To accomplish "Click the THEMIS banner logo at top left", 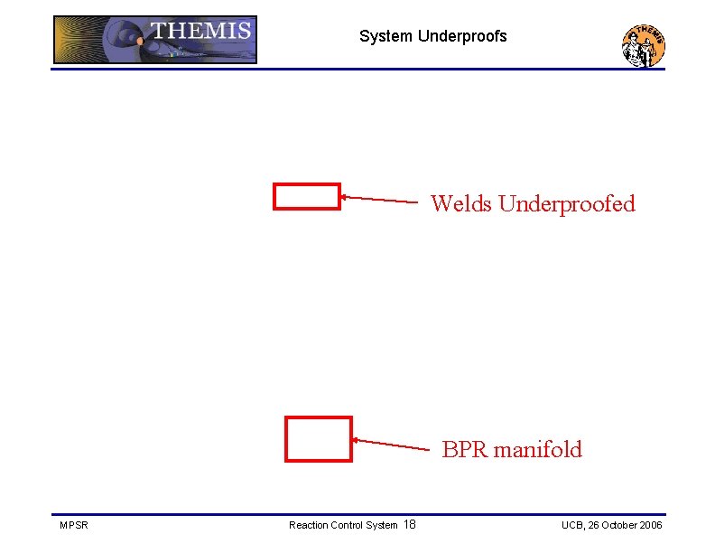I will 154,40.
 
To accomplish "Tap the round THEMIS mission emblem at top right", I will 643,45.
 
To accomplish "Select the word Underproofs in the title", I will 462,37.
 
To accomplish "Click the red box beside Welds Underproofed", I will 307,197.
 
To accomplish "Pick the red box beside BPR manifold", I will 318,439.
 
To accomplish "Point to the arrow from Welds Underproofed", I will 379,199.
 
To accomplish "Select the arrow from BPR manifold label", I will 390,444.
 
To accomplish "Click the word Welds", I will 461,204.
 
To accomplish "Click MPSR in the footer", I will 73,525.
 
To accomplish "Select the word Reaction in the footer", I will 310,525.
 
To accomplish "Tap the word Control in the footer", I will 350,525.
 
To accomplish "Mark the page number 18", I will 409,525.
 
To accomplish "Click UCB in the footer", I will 572,525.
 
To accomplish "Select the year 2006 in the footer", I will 652,525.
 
